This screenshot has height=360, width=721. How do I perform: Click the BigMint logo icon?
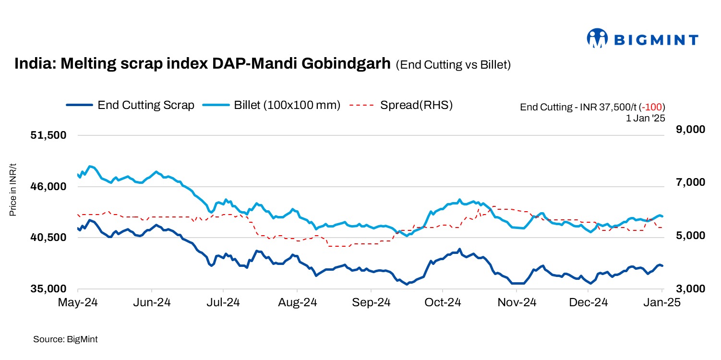598,38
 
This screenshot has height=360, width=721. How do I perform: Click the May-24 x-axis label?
77,303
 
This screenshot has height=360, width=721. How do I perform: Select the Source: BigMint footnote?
65,339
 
